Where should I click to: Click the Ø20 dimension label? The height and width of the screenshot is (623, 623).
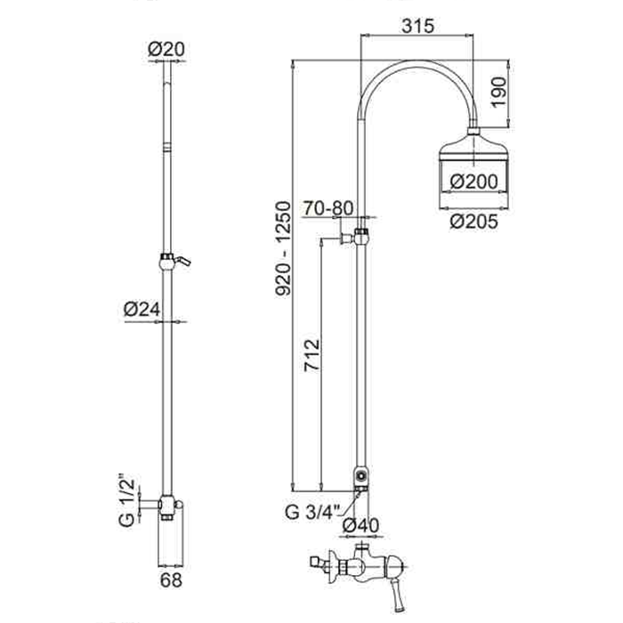click(x=166, y=49)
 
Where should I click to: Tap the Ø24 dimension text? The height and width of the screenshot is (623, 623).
click(x=142, y=309)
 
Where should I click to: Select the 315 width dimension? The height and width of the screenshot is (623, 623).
click(x=417, y=26)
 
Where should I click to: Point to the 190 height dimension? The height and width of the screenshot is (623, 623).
click(x=498, y=92)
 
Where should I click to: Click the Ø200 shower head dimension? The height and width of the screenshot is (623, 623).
click(x=473, y=182)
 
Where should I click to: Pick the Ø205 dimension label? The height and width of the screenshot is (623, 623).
click(x=473, y=222)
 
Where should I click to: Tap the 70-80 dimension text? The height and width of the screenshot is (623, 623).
click(x=328, y=208)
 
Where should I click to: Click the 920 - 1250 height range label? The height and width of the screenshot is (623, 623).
click(x=284, y=248)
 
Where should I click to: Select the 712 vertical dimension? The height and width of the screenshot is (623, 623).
click(x=311, y=355)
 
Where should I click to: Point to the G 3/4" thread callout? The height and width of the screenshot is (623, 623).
click(x=312, y=512)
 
